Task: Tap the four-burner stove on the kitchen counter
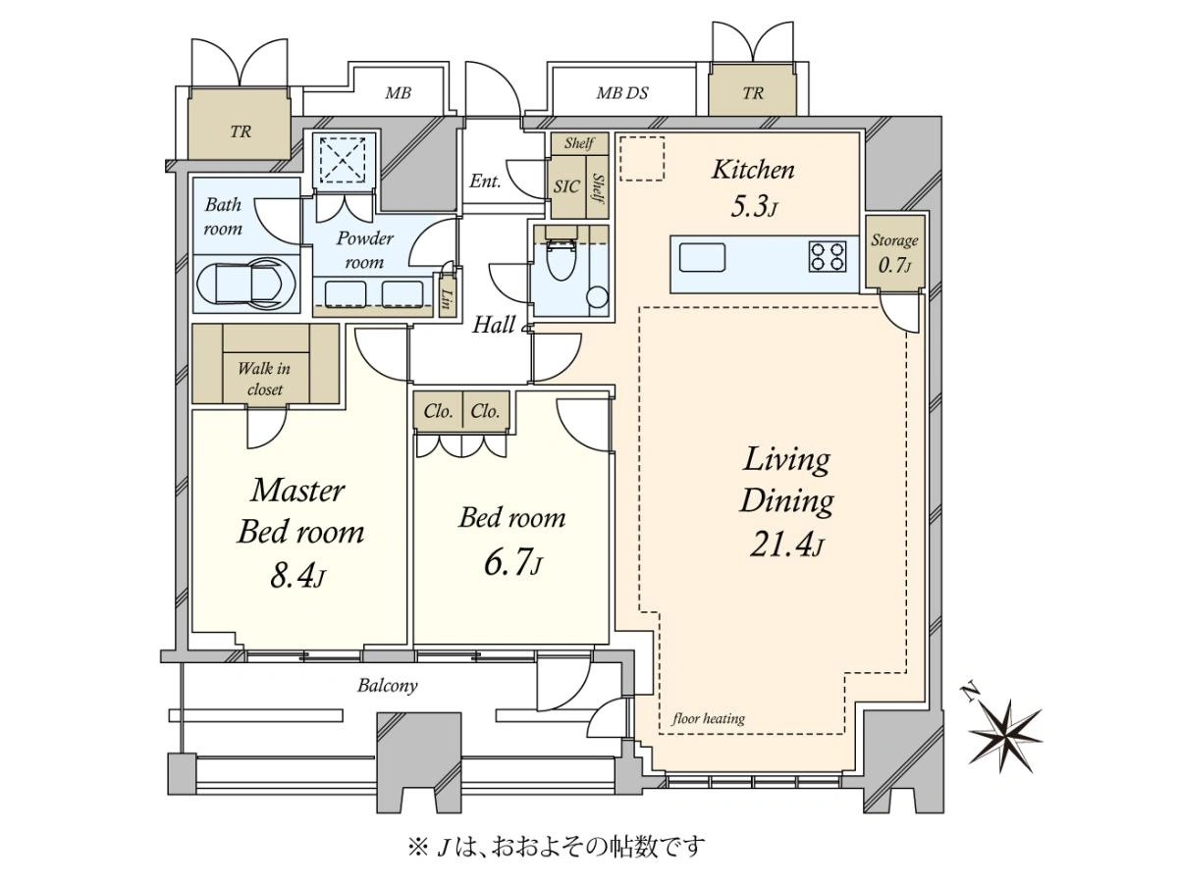pyautogui.click(x=827, y=257)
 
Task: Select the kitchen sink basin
pyautogui.click(x=702, y=258)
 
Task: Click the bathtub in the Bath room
pyautogui.click(x=246, y=285)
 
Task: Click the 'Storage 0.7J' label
pyautogui.click(x=894, y=252)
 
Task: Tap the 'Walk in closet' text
pyautogui.click(x=265, y=379)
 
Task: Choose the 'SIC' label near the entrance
pyautogui.click(x=566, y=186)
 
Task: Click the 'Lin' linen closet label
pyautogui.click(x=445, y=298)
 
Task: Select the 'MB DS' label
pyautogui.click(x=622, y=93)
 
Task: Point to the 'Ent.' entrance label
pyautogui.click(x=485, y=182)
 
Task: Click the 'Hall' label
pyautogui.click(x=494, y=325)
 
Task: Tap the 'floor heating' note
pyautogui.click(x=709, y=718)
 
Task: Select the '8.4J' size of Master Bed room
pyautogui.click(x=297, y=576)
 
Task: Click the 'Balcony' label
pyautogui.click(x=388, y=686)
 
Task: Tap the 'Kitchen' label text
pyautogui.click(x=753, y=170)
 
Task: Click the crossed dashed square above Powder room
pyautogui.click(x=343, y=159)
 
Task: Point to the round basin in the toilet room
pyautogui.click(x=597, y=297)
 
